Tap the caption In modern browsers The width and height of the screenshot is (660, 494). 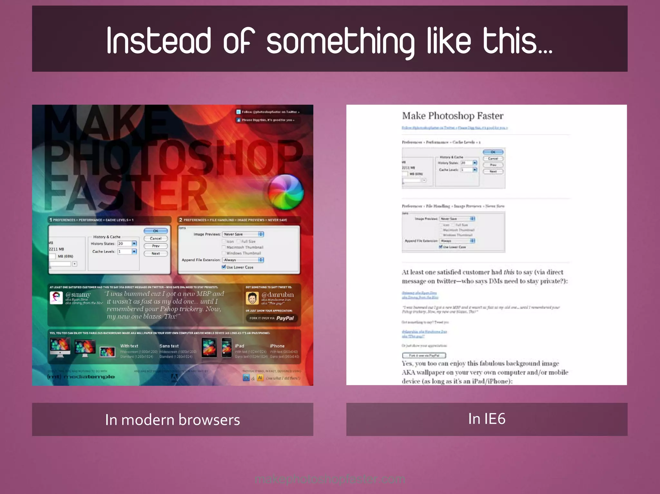click(x=172, y=420)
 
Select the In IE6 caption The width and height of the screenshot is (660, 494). click(x=487, y=419)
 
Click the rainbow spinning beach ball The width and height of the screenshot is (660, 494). click(x=286, y=192)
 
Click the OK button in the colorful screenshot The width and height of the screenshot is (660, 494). click(x=156, y=231)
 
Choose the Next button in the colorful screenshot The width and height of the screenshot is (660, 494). click(x=156, y=253)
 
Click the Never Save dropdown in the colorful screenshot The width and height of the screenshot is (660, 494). click(x=243, y=234)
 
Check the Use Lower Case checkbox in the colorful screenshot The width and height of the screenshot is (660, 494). click(x=224, y=267)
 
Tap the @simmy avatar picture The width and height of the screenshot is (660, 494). click(x=56, y=298)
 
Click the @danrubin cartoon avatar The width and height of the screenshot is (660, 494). click(x=252, y=298)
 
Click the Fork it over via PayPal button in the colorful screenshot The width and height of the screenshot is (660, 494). click(x=272, y=318)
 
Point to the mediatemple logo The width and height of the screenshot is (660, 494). click(x=81, y=376)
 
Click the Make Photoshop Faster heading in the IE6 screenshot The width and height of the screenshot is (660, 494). click(x=452, y=116)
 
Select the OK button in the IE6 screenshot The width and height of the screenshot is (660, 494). click(x=493, y=152)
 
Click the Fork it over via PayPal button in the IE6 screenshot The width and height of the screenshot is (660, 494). click(x=424, y=356)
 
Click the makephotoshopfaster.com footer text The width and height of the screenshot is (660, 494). click(x=330, y=479)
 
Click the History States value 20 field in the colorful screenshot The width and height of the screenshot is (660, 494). click(x=124, y=243)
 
